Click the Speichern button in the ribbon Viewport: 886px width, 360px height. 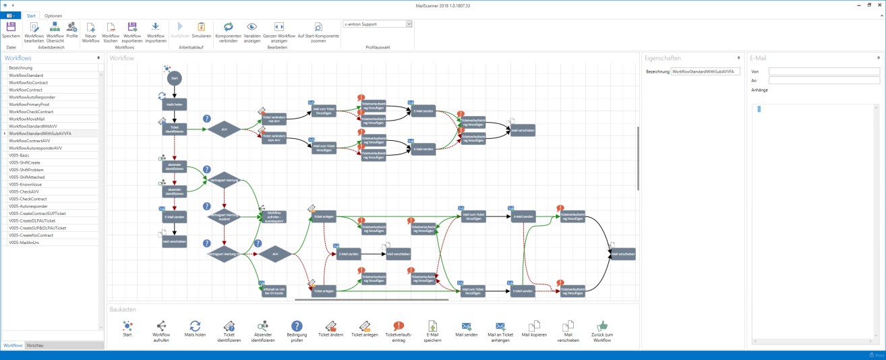(x=11, y=30)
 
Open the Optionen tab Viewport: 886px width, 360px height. (x=53, y=16)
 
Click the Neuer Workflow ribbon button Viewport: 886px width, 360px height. (x=91, y=31)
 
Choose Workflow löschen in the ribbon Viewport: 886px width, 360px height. (x=111, y=31)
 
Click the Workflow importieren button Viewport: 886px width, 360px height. (x=156, y=31)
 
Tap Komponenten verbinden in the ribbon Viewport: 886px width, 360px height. (x=229, y=31)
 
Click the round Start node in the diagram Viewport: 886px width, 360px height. (x=175, y=78)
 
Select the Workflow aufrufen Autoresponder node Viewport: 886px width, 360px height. (x=274, y=216)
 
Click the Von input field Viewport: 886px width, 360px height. (x=824, y=71)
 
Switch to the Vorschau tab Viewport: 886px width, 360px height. (x=35, y=345)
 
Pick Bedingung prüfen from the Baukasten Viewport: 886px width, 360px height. (x=297, y=330)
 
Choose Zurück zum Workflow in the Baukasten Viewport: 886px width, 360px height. (x=601, y=330)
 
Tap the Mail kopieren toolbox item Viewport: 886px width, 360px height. (x=534, y=330)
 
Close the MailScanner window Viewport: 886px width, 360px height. (x=879, y=5)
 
